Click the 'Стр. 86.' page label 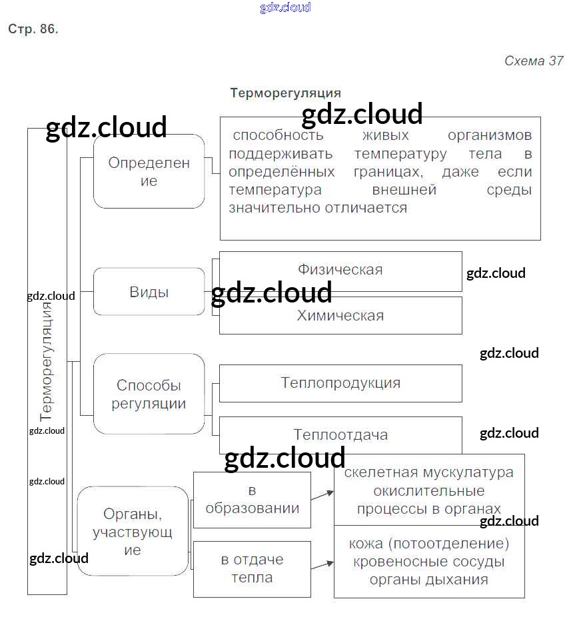pyautogui.click(x=33, y=29)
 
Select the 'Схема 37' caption pyautogui.click(x=534, y=61)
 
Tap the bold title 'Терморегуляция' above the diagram pyautogui.click(x=285, y=93)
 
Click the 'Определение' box pyautogui.click(x=149, y=171)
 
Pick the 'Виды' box pyautogui.click(x=149, y=292)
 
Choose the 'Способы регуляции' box pyautogui.click(x=149, y=394)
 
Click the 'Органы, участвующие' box pyautogui.click(x=133, y=531)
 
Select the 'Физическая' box pyautogui.click(x=340, y=271)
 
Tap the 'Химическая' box pyautogui.click(x=340, y=315)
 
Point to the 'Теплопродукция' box pyautogui.click(x=340, y=383)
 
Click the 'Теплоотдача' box pyautogui.click(x=340, y=435)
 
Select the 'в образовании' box pyautogui.click(x=252, y=500)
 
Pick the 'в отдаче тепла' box pyautogui.click(x=252, y=568)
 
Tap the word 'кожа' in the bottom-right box pyautogui.click(x=366, y=544)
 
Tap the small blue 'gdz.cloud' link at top pyautogui.click(x=285, y=8)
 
